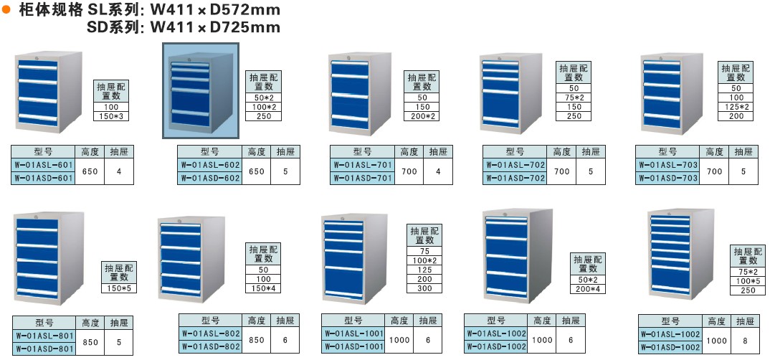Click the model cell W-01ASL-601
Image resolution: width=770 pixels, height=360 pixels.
(x=43, y=165)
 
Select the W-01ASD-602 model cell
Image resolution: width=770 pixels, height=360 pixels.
(x=210, y=179)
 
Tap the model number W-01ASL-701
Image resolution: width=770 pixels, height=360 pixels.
(x=363, y=165)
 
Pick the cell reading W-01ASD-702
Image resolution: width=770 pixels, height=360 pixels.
(x=515, y=179)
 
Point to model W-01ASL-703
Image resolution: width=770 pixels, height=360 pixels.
(x=667, y=165)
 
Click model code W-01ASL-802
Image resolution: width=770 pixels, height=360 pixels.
(x=211, y=333)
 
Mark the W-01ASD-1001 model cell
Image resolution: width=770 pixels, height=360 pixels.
(x=353, y=347)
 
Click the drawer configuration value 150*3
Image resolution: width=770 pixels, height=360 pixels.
(x=110, y=115)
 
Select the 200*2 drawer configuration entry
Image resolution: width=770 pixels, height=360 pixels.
(x=422, y=116)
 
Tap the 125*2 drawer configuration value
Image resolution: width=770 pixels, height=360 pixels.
(x=736, y=107)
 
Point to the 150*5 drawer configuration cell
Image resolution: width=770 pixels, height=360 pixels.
(x=118, y=288)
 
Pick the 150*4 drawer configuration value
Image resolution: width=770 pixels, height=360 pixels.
(x=264, y=288)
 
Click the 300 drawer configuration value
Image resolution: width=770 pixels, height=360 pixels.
(x=425, y=288)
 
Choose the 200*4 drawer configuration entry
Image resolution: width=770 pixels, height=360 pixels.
(x=587, y=288)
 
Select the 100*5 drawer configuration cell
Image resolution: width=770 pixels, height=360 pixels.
(x=748, y=281)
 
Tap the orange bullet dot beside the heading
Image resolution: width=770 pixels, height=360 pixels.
(x=6, y=9)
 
